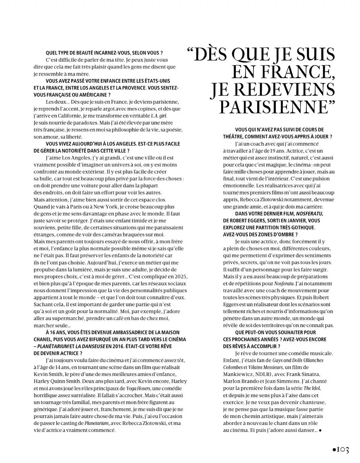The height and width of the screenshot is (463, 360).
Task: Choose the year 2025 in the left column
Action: pos(181,277)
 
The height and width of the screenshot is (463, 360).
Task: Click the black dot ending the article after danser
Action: pos(320,430)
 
